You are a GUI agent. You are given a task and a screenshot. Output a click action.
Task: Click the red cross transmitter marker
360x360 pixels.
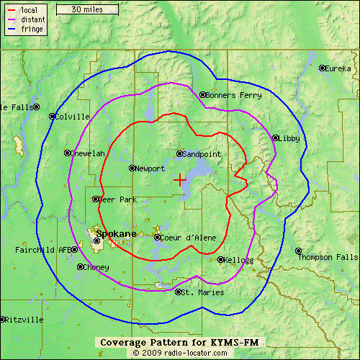179,179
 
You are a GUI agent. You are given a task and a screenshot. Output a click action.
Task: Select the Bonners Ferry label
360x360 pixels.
229,95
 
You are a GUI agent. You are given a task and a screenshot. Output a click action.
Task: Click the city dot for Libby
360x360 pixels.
275,138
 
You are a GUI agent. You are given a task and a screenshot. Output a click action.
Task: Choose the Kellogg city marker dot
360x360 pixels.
220,259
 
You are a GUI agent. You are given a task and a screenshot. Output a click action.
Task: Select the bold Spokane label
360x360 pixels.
115,234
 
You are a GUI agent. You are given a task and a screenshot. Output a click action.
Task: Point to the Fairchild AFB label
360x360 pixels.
42,251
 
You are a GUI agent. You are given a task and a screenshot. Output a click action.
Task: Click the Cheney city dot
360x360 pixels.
79,266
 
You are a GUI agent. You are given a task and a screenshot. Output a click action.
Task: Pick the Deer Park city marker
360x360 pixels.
95,199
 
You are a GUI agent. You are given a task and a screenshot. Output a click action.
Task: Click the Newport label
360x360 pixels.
150,168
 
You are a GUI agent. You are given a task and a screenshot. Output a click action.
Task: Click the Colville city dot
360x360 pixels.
52,116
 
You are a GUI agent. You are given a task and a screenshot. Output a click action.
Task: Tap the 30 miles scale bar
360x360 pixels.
86,9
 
